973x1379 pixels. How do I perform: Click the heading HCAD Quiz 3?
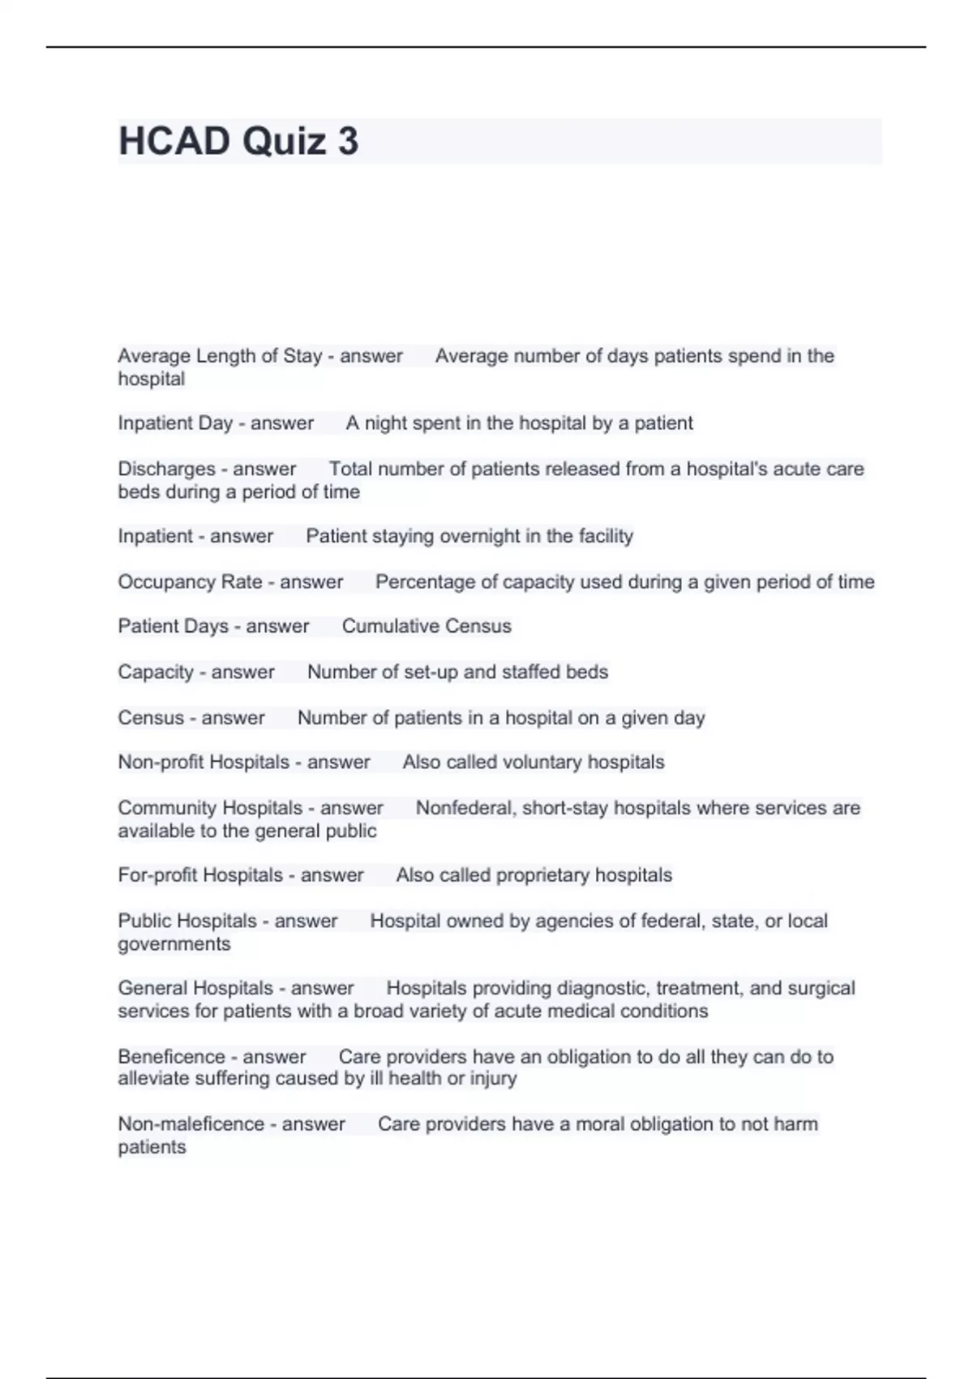tap(238, 141)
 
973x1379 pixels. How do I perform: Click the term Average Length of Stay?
tap(219, 356)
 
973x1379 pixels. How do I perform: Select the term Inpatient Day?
tap(175, 423)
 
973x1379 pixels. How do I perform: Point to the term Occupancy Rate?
tap(190, 582)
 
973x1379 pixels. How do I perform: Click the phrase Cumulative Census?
tap(426, 626)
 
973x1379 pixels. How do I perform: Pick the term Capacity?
tap(156, 672)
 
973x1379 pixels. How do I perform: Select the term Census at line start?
tap(151, 718)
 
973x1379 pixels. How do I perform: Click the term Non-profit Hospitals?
tap(204, 763)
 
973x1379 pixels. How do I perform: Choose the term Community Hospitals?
tap(210, 808)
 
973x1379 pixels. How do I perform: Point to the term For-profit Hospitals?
tap(200, 875)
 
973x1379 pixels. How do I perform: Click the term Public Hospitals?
tap(187, 921)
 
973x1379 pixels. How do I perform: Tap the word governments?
tap(174, 944)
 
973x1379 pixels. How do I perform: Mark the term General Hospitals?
tap(195, 988)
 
